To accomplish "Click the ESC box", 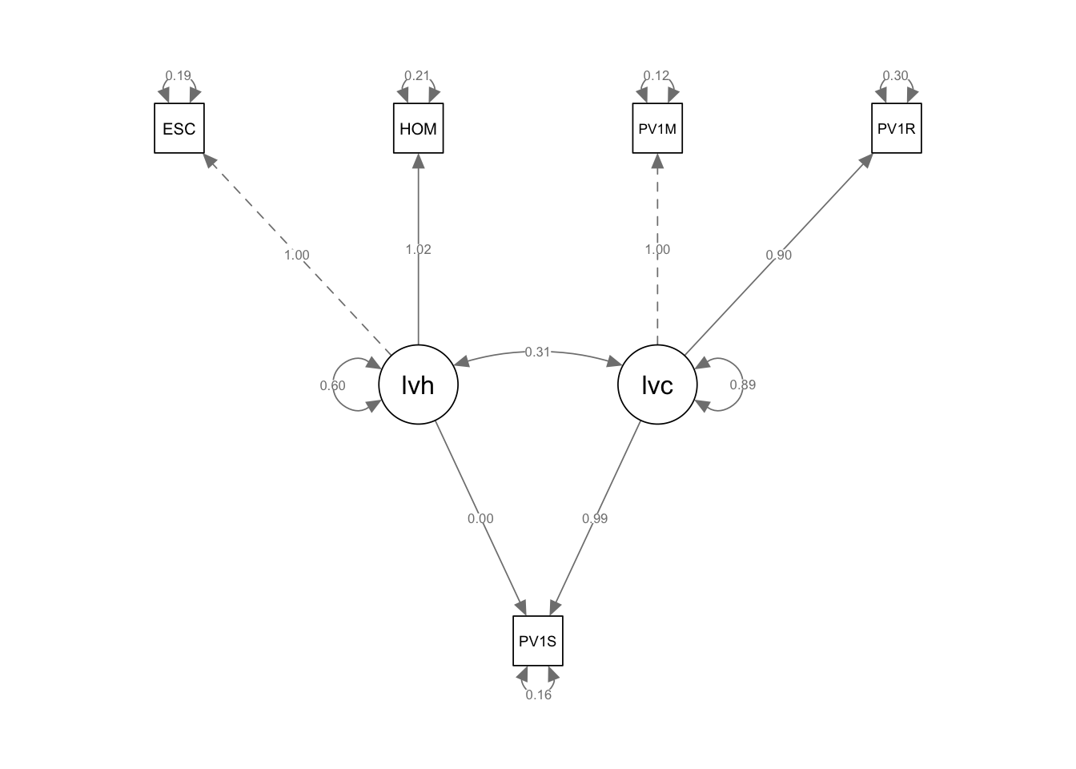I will pos(179,128).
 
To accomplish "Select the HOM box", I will pos(418,128).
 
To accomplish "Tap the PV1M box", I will pos(657,128).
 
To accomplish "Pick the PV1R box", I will pos(896,128).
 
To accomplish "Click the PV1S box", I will pos(538,641).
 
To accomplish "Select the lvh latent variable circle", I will pos(418,385).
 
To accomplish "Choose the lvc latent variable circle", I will pos(657,385).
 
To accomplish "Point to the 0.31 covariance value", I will pos(537,352).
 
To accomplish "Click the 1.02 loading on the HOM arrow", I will pos(418,249).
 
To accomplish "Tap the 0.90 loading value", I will pos(778,255).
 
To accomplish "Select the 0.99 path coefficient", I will pos(595,518).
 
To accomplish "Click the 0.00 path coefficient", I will pos(480,518).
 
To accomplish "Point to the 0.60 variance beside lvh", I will pos(332,385).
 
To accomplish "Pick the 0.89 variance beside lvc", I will pos(742,384).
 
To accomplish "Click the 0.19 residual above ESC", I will pos(179,76).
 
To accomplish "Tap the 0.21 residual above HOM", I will pos(417,76).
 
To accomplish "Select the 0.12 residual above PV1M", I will pos(656,76).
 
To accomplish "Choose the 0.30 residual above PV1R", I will pos(895,76).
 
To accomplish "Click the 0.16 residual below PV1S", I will pos(538,695).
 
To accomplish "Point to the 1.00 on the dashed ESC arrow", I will pos(296,255).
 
